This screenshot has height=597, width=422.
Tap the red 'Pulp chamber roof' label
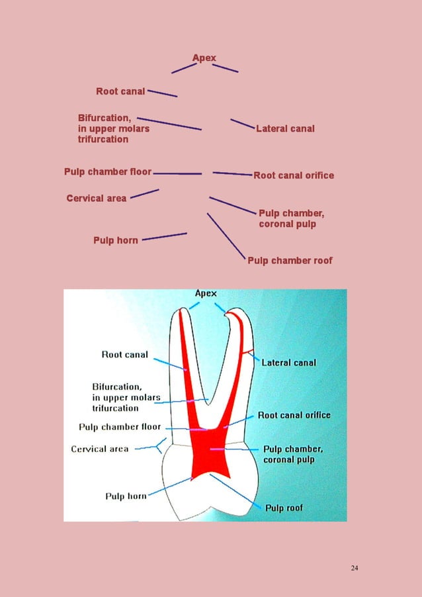tap(290, 261)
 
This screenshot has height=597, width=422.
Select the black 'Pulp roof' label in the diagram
tap(284, 508)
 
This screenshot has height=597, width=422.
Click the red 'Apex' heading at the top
tap(204, 58)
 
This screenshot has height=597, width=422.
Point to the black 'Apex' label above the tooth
tap(205, 293)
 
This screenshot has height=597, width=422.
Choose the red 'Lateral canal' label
tap(285, 128)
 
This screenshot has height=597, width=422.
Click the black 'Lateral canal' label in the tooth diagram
tap(288, 363)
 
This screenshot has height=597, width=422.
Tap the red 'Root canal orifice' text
tap(293, 175)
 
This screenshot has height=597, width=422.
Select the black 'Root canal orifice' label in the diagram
tap(294, 415)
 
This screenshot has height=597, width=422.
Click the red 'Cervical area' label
tap(97, 198)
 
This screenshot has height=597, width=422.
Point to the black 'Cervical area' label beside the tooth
tap(100, 449)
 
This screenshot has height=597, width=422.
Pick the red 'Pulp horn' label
tap(116, 240)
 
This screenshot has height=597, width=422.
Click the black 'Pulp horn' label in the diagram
tap(126, 496)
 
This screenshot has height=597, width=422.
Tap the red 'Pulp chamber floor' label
tap(108, 172)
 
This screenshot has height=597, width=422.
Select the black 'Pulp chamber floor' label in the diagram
tap(120, 428)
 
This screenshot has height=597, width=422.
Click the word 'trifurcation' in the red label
tap(103, 140)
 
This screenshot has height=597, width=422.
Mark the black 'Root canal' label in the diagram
tap(124, 355)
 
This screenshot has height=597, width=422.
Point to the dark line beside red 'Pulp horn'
tap(164, 236)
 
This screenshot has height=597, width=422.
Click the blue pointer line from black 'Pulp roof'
tap(235, 490)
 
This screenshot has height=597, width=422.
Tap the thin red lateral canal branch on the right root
tap(247, 350)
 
